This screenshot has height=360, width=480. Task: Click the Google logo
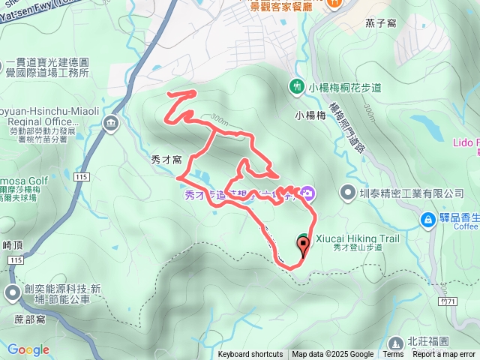(28, 349)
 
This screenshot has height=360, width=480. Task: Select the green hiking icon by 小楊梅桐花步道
(297, 86)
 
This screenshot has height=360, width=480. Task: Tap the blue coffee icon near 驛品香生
(427, 219)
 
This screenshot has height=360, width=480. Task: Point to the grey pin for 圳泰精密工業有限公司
(347, 193)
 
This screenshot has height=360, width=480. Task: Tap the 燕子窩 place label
(381, 23)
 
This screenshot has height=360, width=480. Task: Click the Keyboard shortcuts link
(250, 355)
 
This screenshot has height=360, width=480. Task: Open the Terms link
(393, 355)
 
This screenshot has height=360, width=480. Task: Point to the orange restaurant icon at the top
(334, 4)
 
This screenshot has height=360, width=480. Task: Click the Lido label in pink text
(465, 142)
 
